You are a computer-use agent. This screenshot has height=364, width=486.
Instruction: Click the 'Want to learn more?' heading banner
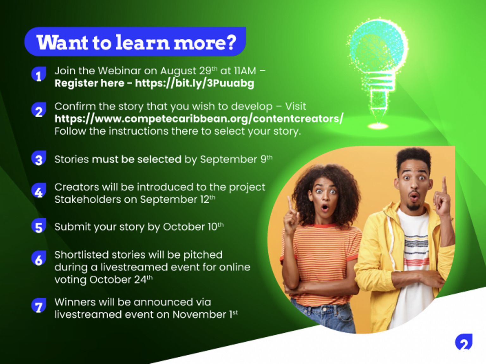click(x=135, y=42)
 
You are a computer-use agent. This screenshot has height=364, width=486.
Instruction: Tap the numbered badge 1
click(x=39, y=74)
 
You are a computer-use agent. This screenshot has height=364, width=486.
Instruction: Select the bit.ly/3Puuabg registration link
click(x=195, y=83)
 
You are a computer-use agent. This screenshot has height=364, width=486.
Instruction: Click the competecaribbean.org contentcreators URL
click(x=199, y=119)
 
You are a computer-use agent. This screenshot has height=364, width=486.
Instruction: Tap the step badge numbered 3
click(x=39, y=158)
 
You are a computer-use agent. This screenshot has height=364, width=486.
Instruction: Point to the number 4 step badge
click(x=39, y=190)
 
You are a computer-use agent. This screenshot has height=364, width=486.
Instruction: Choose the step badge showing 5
click(x=39, y=226)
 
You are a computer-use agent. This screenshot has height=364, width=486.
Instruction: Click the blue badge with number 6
click(x=39, y=258)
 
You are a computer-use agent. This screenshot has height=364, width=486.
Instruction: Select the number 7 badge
click(x=39, y=305)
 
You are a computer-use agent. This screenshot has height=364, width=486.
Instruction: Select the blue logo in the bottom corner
click(x=464, y=342)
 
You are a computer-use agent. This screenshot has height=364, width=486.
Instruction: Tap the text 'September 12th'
click(x=178, y=199)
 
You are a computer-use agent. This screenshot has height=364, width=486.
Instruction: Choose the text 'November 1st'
click(x=205, y=314)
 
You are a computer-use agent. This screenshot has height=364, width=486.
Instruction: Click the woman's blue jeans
click(x=323, y=314)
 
